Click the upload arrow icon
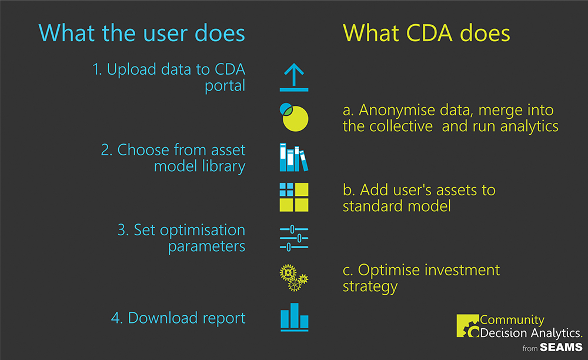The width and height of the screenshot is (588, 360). tap(294, 77)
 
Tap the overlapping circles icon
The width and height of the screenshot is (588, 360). tap(294, 118)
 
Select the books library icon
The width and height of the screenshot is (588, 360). tap(294, 157)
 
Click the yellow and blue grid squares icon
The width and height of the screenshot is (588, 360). tap(294, 197)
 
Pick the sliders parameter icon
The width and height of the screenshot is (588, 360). tap(294, 238)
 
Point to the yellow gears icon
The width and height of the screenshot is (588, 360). tap(294, 278)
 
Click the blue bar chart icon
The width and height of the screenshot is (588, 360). tap(295, 317)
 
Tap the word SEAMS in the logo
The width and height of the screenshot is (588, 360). tap(561, 347)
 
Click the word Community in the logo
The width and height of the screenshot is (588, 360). tap(512, 320)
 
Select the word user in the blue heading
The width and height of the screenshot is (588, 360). tap(166, 33)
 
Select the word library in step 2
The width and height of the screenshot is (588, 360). tap(223, 166)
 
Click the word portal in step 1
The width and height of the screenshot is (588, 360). tap(225, 86)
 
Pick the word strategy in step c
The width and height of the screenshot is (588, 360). tap(370, 287)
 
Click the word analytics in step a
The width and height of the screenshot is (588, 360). tap(529, 126)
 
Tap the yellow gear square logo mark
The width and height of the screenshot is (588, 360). tap(468, 325)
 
